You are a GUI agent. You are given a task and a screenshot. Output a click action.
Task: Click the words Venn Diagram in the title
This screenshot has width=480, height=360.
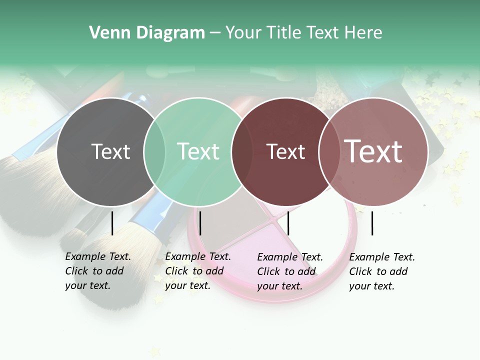click(x=147, y=33)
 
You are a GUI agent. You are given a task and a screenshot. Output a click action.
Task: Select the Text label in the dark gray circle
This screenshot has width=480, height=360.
click(x=110, y=151)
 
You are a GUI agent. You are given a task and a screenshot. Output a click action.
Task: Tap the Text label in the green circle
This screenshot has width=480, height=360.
click(x=198, y=151)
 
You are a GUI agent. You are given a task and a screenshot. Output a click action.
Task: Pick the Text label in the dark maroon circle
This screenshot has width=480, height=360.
click(x=285, y=151)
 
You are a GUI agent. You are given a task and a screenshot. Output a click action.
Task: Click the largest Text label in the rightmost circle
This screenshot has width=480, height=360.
click(x=373, y=151)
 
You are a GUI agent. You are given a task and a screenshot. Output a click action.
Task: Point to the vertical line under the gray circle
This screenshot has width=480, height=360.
click(x=112, y=223)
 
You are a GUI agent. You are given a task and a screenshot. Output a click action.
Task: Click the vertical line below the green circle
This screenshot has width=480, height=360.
click(x=200, y=223)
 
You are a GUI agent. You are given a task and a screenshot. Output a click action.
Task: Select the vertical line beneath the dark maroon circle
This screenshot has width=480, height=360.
click(x=288, y=223)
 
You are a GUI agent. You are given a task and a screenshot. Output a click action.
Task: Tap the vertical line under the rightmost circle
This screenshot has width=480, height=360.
click(x=372, y=223)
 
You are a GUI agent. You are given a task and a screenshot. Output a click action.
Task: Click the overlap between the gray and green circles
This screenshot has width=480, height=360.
click(x=154, y=151)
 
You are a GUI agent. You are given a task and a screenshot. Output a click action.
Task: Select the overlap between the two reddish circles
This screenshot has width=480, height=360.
click(x=329, y=151)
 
